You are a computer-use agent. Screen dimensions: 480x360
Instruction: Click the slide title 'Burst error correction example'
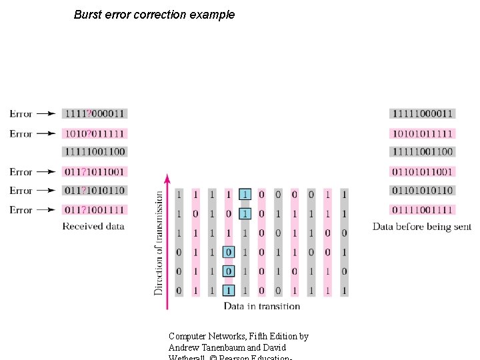click(x=154, y=15)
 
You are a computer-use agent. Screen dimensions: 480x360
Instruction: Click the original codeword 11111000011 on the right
click(x=423, y=114)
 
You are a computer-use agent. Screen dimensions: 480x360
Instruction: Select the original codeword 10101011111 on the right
click(x=423, y=133)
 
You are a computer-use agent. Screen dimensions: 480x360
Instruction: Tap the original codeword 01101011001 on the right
click(x=423, y=172)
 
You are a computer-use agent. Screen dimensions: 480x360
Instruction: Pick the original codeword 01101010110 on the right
click(x=423, y=191)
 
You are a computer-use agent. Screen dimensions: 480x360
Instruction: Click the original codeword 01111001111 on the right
click(x=423, y=210)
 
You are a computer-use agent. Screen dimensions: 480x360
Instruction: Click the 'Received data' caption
click(x=93, y=227)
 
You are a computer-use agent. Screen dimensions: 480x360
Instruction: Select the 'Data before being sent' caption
click(x=421, y=227)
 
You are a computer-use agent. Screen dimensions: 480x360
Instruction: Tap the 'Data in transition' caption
click(x=262, y=306)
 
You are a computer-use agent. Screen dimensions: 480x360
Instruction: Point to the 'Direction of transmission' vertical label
click(x=159, y=243)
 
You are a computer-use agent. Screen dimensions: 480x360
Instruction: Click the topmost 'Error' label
click(x=21, y=114)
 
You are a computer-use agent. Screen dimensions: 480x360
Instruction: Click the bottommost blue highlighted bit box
click(x=229, y=291)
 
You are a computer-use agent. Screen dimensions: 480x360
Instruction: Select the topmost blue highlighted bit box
click(x=245, y=195)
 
